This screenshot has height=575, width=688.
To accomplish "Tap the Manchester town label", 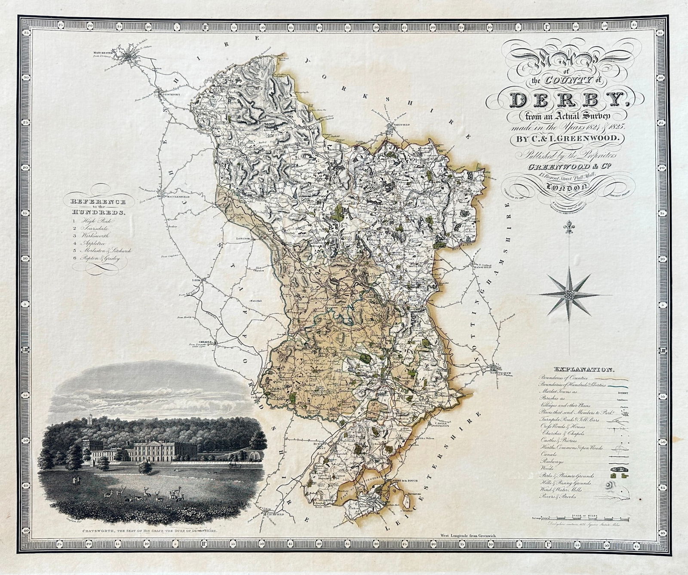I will [x=103, y=54].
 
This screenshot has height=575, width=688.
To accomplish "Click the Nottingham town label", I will [x=503, y=373].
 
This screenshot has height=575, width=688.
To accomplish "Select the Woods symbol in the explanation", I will [x=617, y=468].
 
